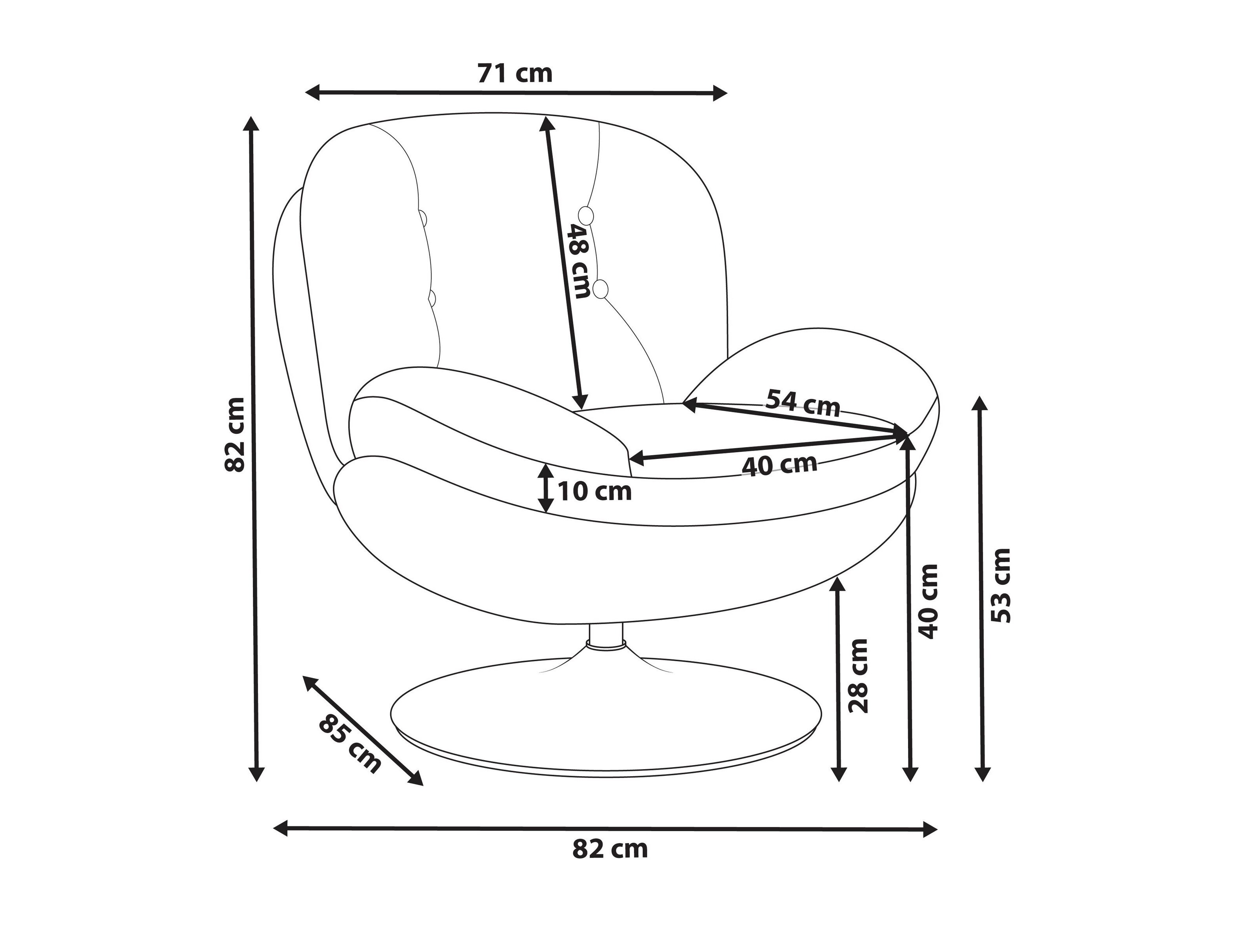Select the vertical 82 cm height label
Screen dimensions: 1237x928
(x=235, y=435)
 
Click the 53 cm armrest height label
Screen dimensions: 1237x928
(x=1001, y=586)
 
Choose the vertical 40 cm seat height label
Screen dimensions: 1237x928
(x=928, y=601)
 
